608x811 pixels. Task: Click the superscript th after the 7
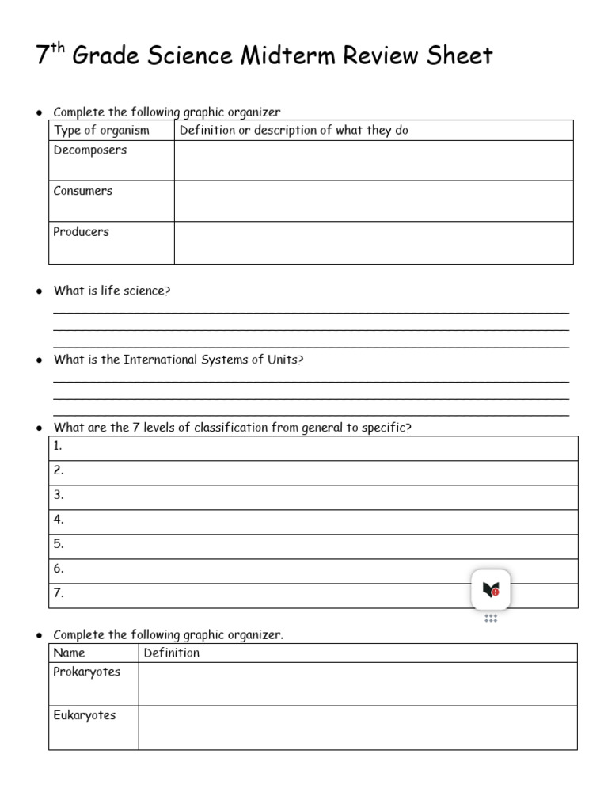click(x=58, y=48)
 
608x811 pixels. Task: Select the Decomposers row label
click(x=89, y=150)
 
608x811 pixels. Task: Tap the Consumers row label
click(x=82, y=191)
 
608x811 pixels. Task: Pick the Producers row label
click(x=81, y=232)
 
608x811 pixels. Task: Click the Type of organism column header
click(x=101, y=131)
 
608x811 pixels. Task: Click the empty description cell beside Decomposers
click(x=373, y=161)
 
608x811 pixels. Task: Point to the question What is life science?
click(x=112, y=291)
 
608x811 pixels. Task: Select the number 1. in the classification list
click(x=58, y=446)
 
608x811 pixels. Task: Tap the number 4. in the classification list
click(x=58, y=520)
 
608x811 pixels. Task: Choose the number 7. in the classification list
click(x=58, y=592)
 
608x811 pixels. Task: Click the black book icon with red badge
click(x=491, y=589)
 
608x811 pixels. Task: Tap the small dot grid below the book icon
click(x=491, y=618)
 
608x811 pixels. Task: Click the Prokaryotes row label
click(x=86, y=672)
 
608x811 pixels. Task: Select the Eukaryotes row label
click(x=84, y=715)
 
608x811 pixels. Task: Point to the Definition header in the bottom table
click(x=171, y=653)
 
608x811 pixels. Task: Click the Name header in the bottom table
click(x=69, y=653)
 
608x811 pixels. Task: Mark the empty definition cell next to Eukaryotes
click(x=357, y=727)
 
